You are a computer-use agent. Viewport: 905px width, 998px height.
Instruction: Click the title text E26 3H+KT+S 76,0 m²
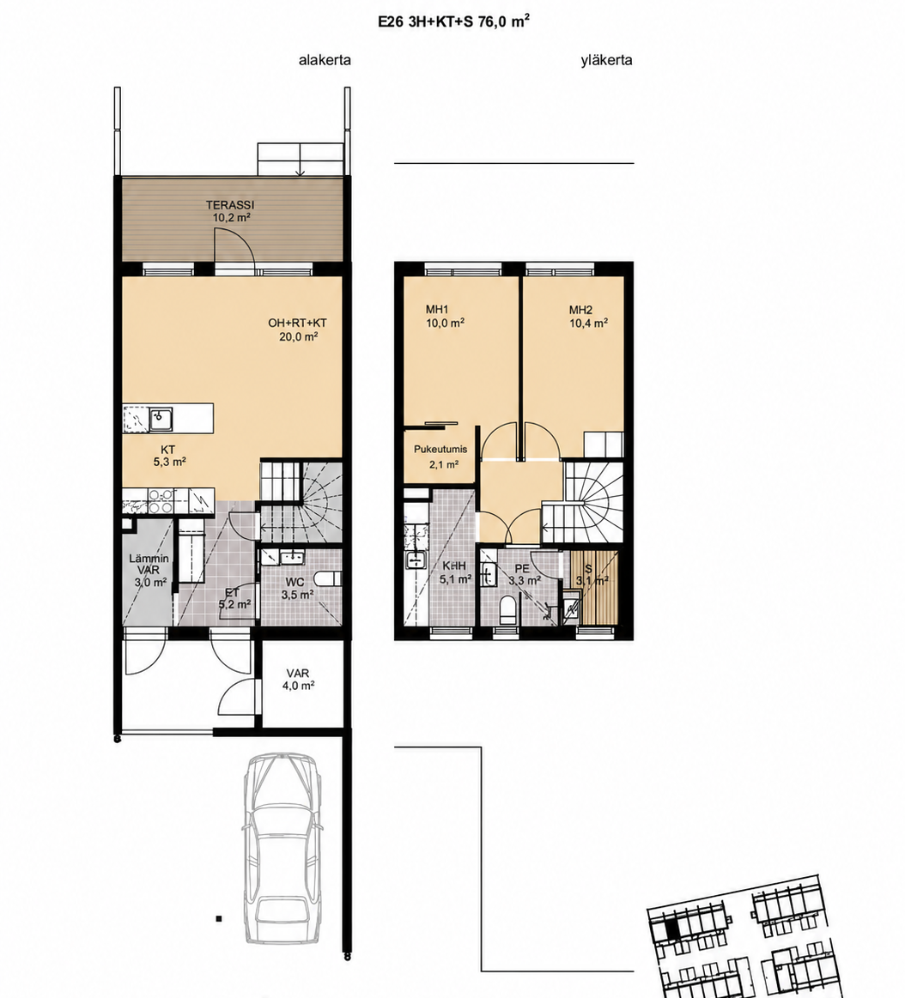click(454, 21)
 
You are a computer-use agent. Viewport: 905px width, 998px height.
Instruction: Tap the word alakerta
click(325, 60)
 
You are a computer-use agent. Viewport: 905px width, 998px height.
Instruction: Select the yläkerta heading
click(606, 60)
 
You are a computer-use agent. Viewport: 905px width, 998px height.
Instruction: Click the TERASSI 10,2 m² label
click(230, 211)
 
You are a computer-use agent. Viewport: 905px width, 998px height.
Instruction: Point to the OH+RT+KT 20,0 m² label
click(298, 330)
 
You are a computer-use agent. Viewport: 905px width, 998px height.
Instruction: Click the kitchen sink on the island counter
click(161, 418)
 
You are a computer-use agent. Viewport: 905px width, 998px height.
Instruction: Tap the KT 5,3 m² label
click(169, 457)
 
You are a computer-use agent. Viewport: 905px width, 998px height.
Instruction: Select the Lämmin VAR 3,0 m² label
click(149, 571)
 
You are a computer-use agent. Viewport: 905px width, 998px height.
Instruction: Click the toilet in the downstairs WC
click(329, 580)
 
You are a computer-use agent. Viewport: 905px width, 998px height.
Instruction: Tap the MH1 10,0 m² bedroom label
click(445, 317)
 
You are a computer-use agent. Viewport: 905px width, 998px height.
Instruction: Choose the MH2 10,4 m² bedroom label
click(588, 317)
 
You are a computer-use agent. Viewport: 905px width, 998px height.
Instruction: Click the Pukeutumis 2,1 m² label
click(440, 457)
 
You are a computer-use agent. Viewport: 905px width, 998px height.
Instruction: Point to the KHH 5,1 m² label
click(455, 572)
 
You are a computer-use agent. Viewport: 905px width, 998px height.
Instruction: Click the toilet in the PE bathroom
click(507, 610)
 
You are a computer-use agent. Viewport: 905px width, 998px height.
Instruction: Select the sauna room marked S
click(594, 587)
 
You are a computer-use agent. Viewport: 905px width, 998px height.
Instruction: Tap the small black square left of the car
click(218, 918)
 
